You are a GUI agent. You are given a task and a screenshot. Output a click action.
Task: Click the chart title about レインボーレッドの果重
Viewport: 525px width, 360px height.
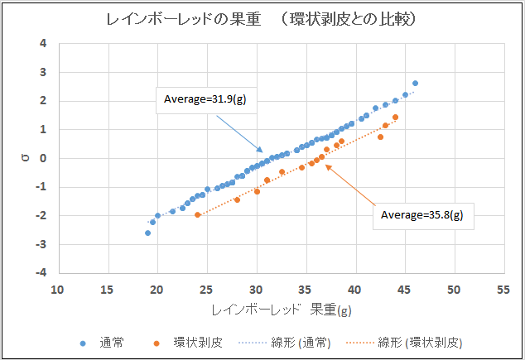pos(261,19)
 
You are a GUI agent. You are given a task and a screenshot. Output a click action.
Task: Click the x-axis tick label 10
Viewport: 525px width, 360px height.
pos(58,290)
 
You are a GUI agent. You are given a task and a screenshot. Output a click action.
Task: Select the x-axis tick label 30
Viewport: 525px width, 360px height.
pos(256,290)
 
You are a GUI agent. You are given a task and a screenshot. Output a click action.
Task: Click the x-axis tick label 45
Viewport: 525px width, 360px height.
pos(404,290)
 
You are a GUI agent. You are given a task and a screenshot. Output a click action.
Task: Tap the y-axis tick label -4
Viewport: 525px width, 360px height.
pos(41,272)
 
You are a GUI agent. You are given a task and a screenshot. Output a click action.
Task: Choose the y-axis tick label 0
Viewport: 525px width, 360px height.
pos(43,158)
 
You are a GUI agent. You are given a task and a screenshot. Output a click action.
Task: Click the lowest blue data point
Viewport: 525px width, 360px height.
pos(148,233)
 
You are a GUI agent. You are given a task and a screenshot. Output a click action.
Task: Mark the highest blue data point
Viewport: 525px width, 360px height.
pos(415,84)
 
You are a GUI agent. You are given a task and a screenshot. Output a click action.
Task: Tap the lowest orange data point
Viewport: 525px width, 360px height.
pos(198,215)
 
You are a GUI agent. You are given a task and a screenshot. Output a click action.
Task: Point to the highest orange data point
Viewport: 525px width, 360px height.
pos(396,118)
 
